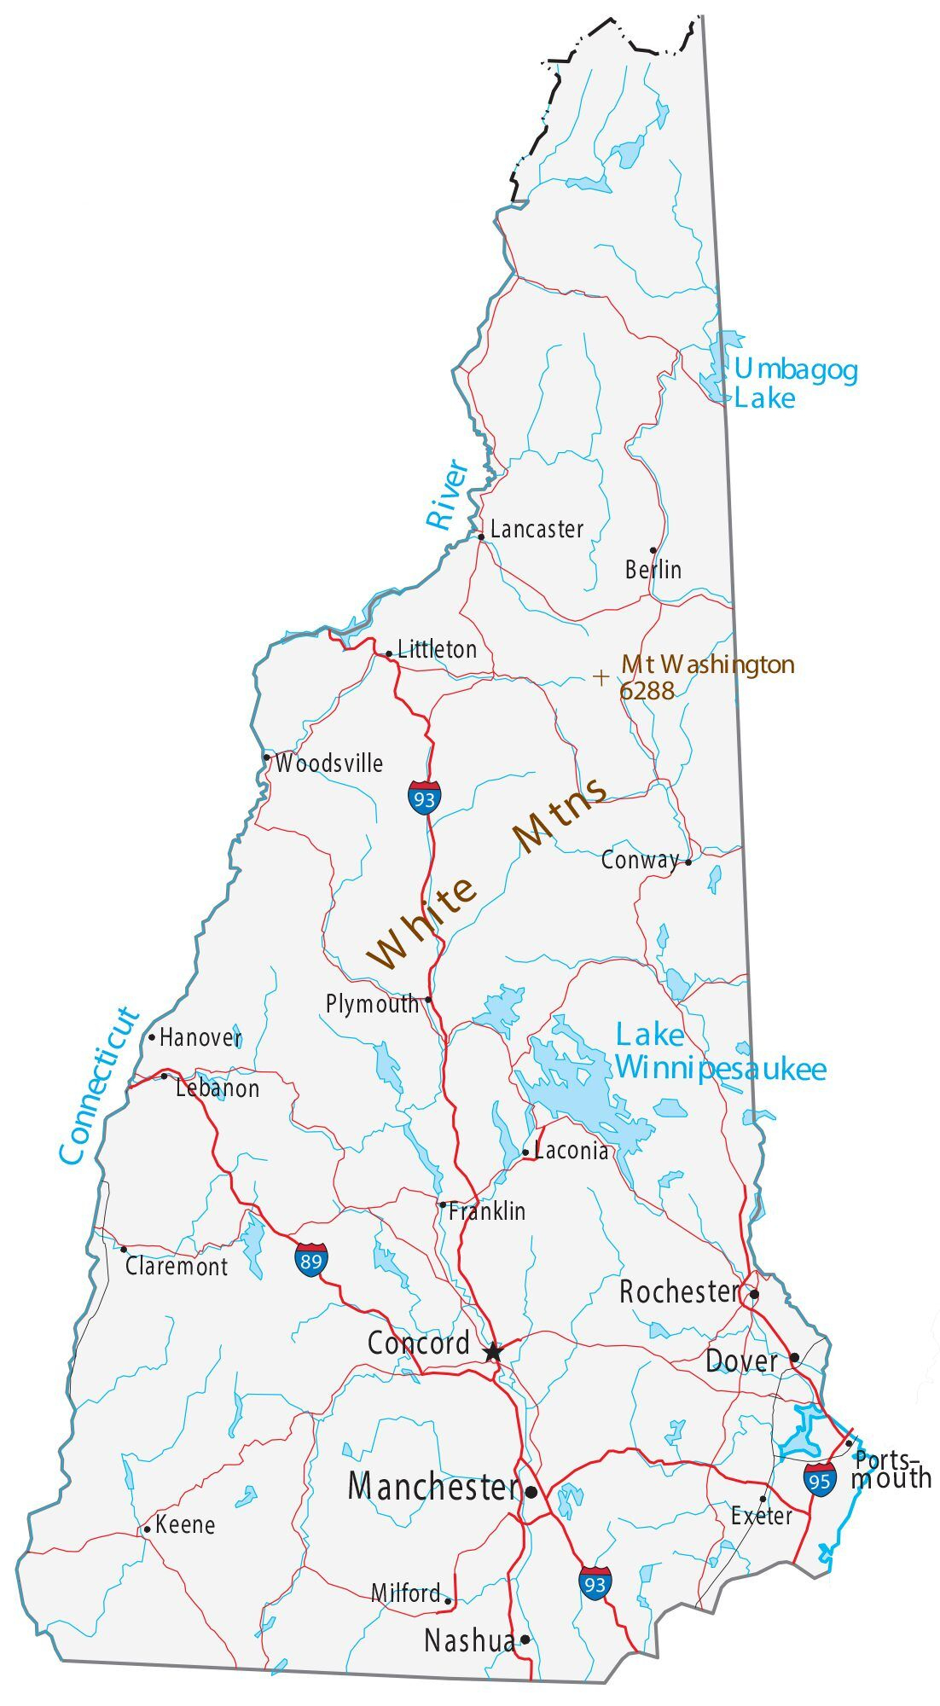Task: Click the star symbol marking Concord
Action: click(493, 1352)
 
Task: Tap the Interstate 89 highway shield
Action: click(311, 1259)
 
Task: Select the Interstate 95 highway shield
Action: click(820, 1478)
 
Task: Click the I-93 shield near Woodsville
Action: click(424, 797)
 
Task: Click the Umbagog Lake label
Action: click(795, 384)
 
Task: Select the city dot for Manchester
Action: click(531, 1493)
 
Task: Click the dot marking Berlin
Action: click(653, 550)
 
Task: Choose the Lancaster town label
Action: click(537, 530)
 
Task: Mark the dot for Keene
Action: click(147, 1529)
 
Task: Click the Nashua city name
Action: click(469, 1640)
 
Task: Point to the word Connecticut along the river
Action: click(99, 1085)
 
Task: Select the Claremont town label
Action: click(177, 1267)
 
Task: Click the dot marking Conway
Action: click(688, 862)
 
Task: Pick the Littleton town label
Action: click(437, 650)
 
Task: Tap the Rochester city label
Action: click(679, 1292)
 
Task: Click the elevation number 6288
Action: click(647, 691)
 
